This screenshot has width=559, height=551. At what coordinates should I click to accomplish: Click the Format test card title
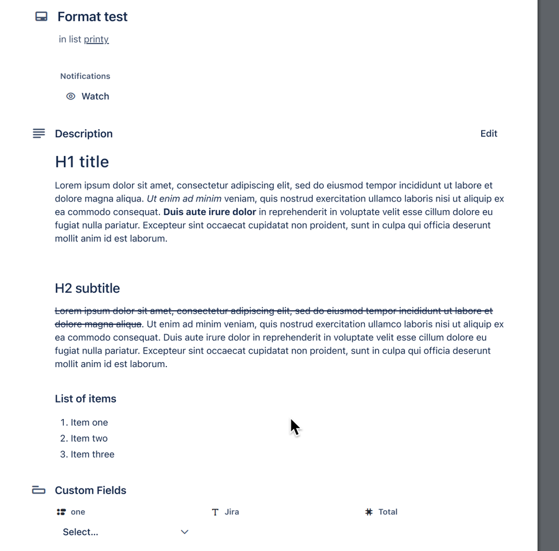[x=92, y=17]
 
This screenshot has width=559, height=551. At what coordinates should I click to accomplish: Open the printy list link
[x=96, y=39]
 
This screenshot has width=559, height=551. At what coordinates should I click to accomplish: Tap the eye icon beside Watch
[x=71, y=96]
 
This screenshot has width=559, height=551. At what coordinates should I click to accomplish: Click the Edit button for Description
[x=488, y=134]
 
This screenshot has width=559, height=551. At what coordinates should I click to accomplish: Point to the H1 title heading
[x=82, y=161]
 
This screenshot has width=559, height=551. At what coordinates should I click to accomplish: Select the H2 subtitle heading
[x=87, y=288]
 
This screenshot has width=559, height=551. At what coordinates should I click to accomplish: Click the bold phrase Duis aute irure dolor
[x=210, y=212]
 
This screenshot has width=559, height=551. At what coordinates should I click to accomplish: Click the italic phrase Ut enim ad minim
[x=184, y=199]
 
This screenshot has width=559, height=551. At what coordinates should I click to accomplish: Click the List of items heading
[x=86, y=398]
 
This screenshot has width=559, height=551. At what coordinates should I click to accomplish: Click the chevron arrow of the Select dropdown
[x=185, y=532]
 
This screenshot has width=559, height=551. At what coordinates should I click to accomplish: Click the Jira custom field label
[x=231, y=512]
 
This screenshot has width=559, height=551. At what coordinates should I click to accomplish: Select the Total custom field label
[x=387, y=512]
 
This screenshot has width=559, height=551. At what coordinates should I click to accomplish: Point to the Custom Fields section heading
[x=91, y=490]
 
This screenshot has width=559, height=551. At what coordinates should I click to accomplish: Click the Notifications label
[x=85, y=76]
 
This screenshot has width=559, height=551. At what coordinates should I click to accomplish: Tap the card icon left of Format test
[x=41, y=17]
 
